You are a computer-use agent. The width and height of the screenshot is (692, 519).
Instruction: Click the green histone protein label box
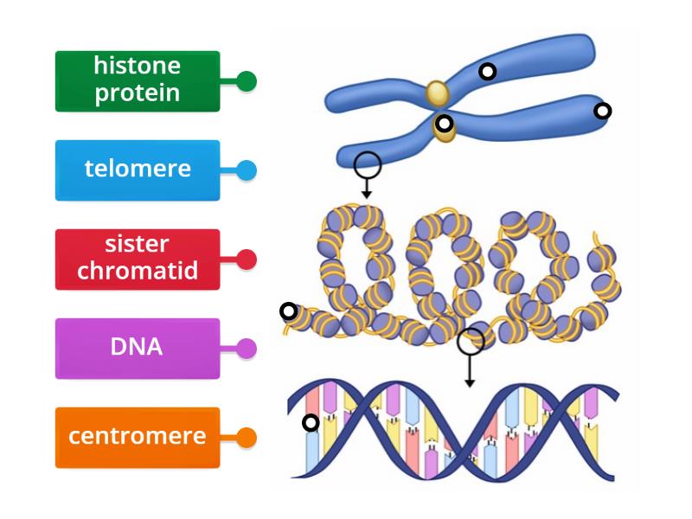click(138, 81)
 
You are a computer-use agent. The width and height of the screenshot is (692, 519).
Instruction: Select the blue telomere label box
click(138, 170)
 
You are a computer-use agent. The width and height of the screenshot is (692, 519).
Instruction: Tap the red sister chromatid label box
click(138, 259)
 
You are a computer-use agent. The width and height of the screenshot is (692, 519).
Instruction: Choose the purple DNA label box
click(138, 349)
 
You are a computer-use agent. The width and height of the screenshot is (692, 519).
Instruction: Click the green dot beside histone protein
click(247, 81)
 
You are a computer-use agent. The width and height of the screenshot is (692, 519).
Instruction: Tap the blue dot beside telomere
click(247, 170)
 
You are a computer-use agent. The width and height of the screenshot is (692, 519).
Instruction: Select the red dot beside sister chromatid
click(247, 259)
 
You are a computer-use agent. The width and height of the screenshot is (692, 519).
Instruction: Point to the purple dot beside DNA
click(247, 349)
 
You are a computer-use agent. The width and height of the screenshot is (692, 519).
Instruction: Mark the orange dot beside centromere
click(247, 438)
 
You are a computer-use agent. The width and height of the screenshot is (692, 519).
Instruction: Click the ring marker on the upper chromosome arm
click(488, 72)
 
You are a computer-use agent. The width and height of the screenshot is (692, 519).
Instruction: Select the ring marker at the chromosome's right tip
click(603, 111)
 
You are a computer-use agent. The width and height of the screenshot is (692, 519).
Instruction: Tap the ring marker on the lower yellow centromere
click(444, 124)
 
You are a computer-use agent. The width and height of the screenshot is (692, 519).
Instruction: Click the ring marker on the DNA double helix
click(311, 423)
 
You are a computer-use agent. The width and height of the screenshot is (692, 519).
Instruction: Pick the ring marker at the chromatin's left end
click(289, 311)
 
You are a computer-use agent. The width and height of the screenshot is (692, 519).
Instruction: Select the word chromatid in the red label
click(138, 272)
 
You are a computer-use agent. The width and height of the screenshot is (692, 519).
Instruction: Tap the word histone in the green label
click(138, 67)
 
